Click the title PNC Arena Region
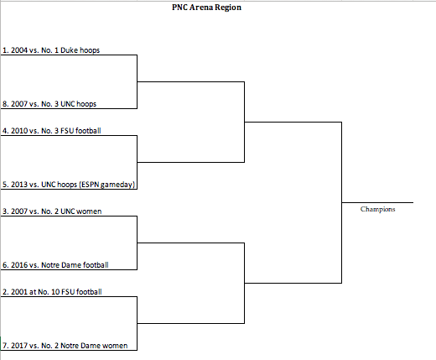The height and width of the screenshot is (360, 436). click(x=206, y=8)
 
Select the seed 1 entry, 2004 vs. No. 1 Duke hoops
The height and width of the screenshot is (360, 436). click(x=51, y=50)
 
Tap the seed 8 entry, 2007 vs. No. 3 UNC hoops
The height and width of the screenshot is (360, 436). click(x=49, y=104)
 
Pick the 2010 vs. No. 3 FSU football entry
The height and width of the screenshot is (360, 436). click(x=52, y=131)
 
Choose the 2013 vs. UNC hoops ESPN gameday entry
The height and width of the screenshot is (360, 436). click(x=69, y=185)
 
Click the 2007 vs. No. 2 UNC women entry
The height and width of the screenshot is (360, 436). click(x=52, y=211)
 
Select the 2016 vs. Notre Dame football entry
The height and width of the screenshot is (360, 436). click(x=55, y=265)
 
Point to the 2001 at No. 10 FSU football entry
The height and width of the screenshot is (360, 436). click(x=52, y=292)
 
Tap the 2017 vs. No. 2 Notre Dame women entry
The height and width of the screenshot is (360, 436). click(x=65, y=346)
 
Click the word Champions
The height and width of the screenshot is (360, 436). click(x=377, y=209)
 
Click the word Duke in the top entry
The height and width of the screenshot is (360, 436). click(x=68, y=50)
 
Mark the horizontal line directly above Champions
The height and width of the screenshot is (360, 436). click(x=377, y=202)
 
